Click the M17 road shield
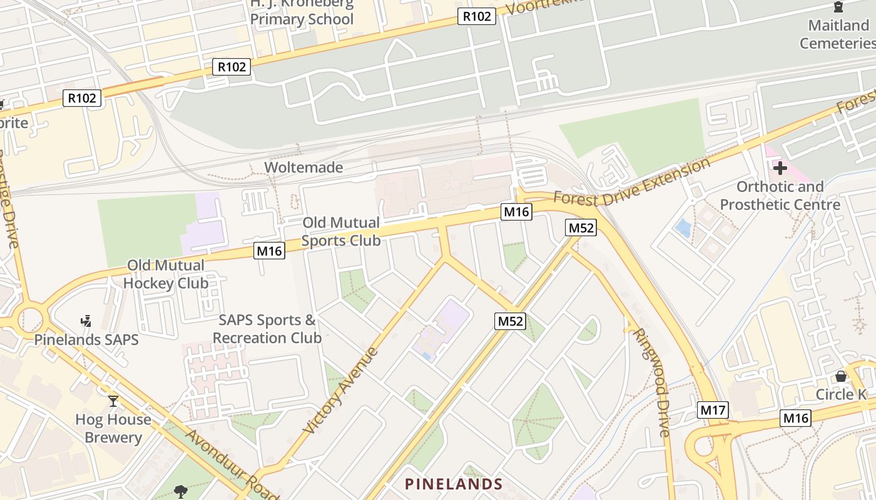click(713, 410)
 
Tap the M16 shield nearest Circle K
click(795, 418)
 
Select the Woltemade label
click(303, 167)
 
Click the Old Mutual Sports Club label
click(341, 231)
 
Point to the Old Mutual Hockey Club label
click(166, 274)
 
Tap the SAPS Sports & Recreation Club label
click(267, 329)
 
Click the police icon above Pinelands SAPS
click(86, 321)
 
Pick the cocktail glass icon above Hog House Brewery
click(113, 401)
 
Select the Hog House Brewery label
click(113, 428)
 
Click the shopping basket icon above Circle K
click(841, 376)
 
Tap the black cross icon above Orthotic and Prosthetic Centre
click(780, 167)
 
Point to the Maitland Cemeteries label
click(838, 34)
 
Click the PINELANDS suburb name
click(454, 484)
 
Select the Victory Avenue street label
click(341, 391)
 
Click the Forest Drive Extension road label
click(632, 182)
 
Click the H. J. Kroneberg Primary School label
click(302, 12)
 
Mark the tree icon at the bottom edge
click(181, 491)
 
